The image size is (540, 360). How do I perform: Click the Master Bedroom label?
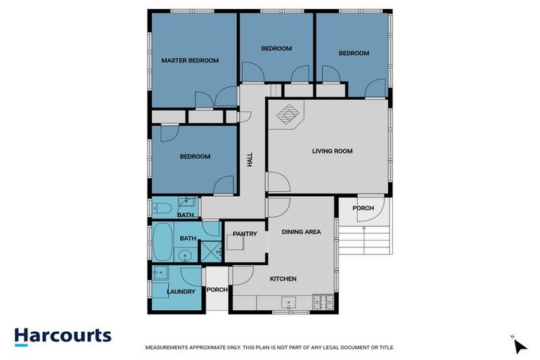(x=190, y=61)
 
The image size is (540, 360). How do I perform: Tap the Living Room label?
(x=332, y=151)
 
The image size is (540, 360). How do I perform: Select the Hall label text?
(x=250, y=160)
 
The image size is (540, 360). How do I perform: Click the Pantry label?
(x=245, y=234)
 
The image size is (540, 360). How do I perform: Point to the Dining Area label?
(x=301, y=232)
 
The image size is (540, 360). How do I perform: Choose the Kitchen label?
(x=283, y=279)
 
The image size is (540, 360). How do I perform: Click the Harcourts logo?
(x=63, y=335)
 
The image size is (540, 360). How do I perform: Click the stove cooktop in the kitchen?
(x=323, y=303)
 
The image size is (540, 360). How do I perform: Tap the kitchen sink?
(x=288, y=303)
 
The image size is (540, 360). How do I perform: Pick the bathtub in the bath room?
(x=162, y=243)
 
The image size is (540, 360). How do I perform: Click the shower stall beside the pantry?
(x=210, y=251)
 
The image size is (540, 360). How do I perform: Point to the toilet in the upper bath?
(x=159, y=207)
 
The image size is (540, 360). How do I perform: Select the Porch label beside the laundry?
(x=217, y=290)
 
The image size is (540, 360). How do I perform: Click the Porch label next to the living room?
(x=363, y=208)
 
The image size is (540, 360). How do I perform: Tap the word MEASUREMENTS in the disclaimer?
(x=169, y=347)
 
